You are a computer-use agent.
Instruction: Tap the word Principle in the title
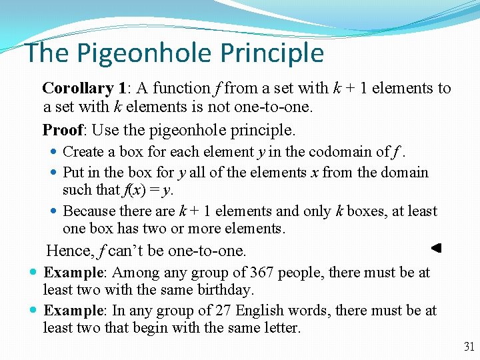tap(272, 53)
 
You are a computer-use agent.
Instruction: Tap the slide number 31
tap(468, 347)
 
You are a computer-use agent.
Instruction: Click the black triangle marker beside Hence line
tap(436, 248)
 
